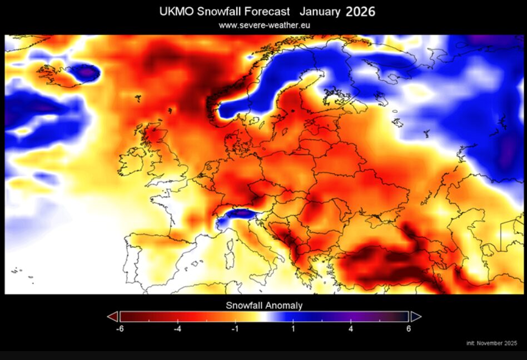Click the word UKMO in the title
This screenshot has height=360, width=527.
[176, 12]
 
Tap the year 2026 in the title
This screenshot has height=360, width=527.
[360, 12]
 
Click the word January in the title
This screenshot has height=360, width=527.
[320, 12]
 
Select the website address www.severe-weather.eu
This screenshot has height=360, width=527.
[264, 25]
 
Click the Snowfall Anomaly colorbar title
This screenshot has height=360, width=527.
[264, 306]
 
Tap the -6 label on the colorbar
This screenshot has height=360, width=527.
[120, 329]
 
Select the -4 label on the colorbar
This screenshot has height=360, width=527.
[177, 329]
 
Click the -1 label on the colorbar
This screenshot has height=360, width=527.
[235, 329]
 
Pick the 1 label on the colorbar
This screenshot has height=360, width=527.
[293, 329]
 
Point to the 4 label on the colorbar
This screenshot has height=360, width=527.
[351, 329]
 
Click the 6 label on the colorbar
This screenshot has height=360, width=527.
[409, 329]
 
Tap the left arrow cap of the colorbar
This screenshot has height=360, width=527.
[113, 317]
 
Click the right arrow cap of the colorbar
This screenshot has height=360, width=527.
[416, 317]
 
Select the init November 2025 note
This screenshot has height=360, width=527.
[492, 343]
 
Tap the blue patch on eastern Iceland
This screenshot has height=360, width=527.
[86, 72]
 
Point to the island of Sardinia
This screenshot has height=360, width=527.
[230, 259]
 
